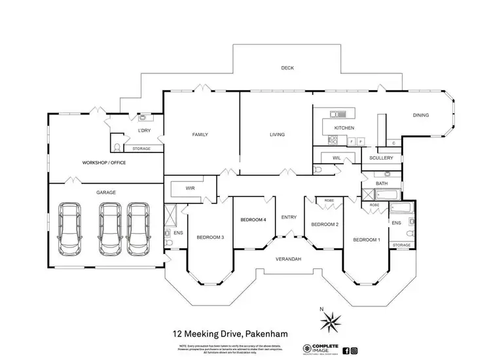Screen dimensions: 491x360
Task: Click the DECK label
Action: (287, 68)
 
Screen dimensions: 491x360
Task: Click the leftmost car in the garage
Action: (70, 229)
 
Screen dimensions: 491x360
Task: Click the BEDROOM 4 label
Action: (253, 220)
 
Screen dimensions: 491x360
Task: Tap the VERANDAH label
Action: (288, 260)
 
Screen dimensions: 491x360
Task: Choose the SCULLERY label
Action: (381, 158)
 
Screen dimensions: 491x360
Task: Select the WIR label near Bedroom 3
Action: (191, 189)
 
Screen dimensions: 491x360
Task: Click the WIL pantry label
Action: (336, 158)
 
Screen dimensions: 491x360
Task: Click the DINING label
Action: (420, 116)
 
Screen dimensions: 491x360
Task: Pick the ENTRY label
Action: (289, 217)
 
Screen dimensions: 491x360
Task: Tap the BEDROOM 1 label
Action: (366, 240)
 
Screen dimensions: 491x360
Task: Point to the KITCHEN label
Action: (344, 128)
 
